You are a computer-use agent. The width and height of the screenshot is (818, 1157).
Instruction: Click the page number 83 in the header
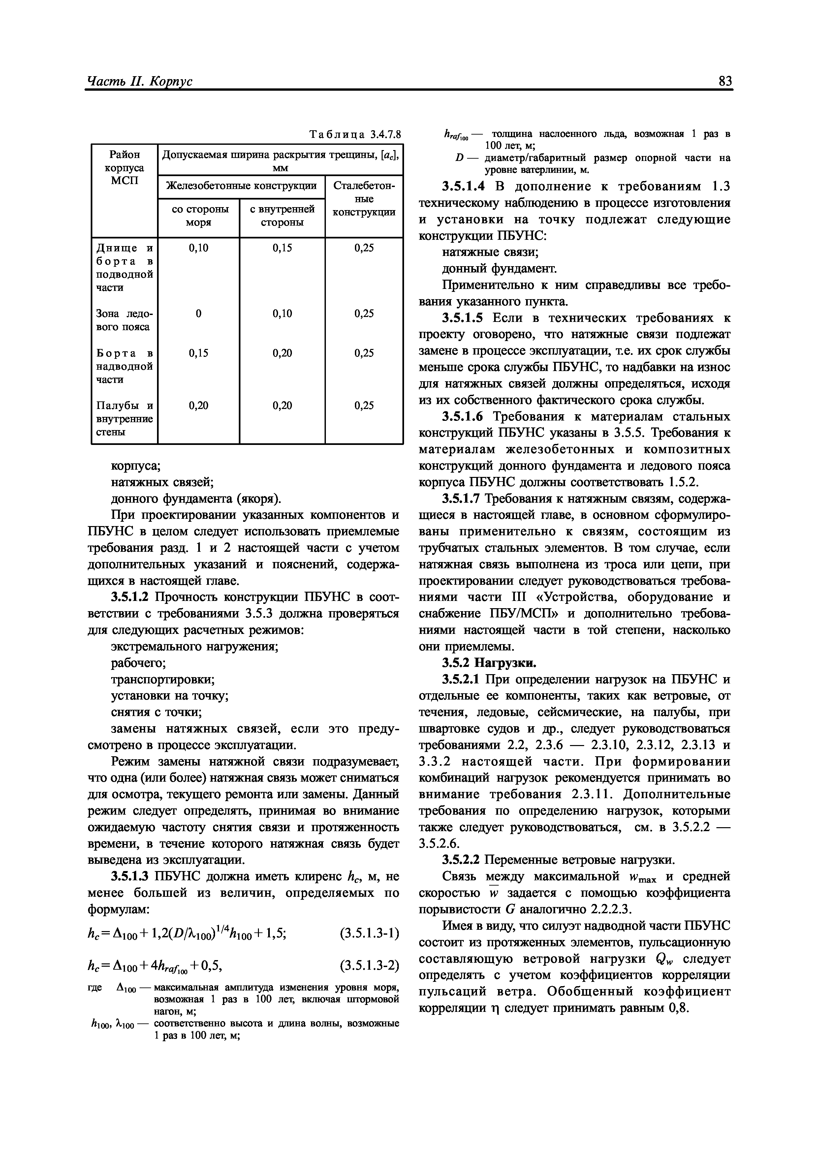[x=725, y=81]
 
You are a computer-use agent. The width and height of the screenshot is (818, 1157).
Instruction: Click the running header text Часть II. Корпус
[x=140, y=82]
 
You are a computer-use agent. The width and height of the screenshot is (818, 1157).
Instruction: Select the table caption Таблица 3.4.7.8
[x=355, y=135]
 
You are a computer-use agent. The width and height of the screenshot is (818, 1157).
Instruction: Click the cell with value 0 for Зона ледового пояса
[x=198, y=313]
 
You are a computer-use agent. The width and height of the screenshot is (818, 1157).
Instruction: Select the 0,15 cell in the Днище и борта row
[x=282, y=248]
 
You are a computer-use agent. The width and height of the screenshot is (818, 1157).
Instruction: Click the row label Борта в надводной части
[x=124, y=366]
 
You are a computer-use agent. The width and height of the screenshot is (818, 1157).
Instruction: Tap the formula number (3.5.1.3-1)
[x=369, y=934]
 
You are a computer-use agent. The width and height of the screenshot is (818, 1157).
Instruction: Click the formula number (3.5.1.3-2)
[x=369, y=965]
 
